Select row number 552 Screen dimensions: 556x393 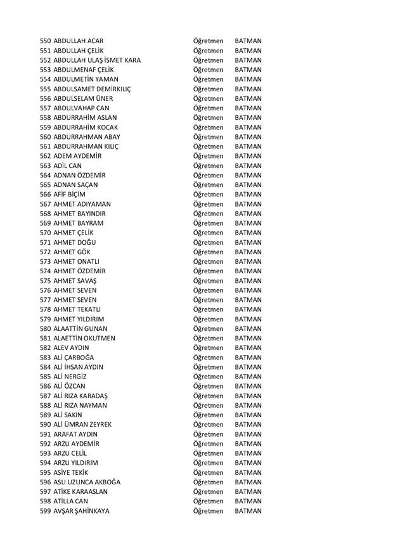coord(46,60)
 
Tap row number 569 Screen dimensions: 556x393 coord(46,223)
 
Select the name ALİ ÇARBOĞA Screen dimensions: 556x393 coord(75,358)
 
